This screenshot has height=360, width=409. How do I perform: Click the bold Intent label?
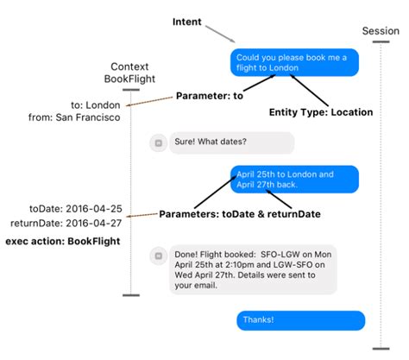click(x=187, y=22)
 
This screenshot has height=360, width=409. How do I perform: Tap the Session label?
click(x=381, y=31)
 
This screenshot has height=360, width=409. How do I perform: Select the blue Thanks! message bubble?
click(x=301, y=320)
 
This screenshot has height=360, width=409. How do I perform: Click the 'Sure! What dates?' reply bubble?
click(x=232, y=142)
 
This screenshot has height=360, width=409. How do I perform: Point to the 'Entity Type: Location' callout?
click(x=321, y=112)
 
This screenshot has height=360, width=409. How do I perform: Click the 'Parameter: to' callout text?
click(x=210, y=96)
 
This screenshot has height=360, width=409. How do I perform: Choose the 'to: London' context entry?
click(x=96, y=105)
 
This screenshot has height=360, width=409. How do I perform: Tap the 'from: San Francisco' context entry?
click(x=74, y=117)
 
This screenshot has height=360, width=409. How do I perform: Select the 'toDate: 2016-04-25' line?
click(x=76, y=209)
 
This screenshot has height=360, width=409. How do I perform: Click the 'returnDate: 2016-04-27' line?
click(x=66, y=223)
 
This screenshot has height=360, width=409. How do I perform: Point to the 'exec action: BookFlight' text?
click(x=63, y=241)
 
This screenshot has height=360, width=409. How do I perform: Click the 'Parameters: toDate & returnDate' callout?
click(x=240, y=214)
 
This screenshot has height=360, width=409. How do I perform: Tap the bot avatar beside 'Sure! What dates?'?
click(x=159, y=143)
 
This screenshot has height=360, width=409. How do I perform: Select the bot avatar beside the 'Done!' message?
click(x=159, y=256)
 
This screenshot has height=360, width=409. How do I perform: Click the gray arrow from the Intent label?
click(x=220, y=34)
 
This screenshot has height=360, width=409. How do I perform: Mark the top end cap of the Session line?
click(x=381, y=41)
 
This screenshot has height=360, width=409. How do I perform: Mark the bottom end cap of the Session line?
click(x=381, y=349)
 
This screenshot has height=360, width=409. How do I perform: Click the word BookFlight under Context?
click(x=129, y=79)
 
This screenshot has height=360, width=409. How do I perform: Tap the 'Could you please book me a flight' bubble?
click(x=294, y=62)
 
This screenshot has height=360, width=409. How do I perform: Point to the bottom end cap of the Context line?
click(x=131, y=295)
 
